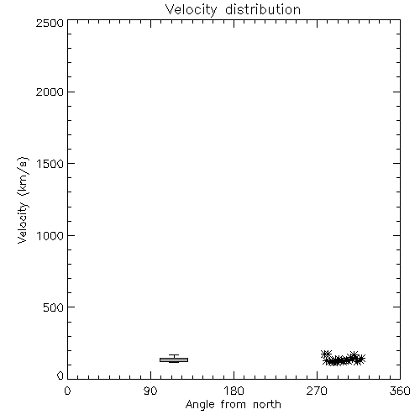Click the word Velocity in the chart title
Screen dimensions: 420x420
(191, 10)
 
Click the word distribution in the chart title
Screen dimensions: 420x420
(263, 9)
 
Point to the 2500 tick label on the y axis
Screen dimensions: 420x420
(50, 23)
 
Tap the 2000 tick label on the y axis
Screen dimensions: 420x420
(50, 92)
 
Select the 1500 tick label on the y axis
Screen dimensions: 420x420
(50, 164)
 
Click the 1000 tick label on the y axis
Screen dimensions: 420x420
(50, 235)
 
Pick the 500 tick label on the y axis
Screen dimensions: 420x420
(54, 307)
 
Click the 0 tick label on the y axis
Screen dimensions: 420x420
(60, 375)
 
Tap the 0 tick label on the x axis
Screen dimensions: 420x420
(67, 391)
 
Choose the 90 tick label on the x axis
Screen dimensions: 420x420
(150, 391)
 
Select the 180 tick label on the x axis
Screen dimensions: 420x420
(234, 391)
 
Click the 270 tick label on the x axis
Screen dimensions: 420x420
(317, 391)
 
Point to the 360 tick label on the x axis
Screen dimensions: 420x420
(400, 391)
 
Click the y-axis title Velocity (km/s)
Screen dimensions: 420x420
(23, 200)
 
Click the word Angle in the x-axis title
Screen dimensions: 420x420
(200, 405)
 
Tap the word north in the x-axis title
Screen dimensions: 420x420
(267, 404)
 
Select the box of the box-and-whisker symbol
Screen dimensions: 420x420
(174, 360)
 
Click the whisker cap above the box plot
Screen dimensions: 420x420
(174, 355)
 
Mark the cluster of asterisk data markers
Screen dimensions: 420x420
(343, 359)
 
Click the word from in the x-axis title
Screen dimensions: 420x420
(234, 404)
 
